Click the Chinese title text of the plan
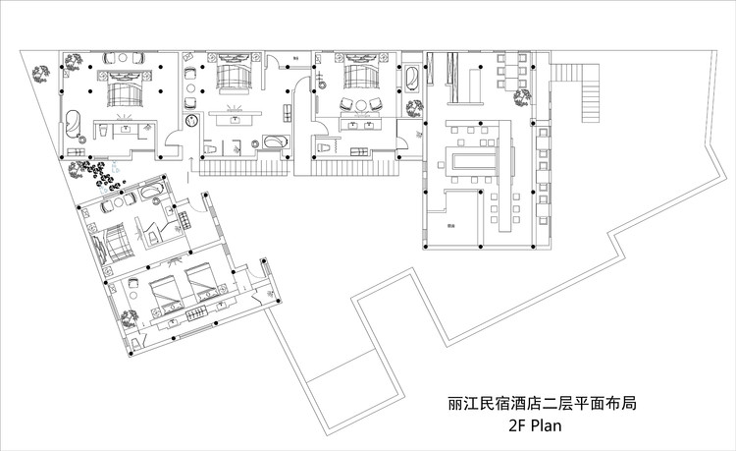click(x=520, y=404)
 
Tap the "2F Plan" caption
click(x=533, y=427)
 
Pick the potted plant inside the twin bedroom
click(x=129, y=316)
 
